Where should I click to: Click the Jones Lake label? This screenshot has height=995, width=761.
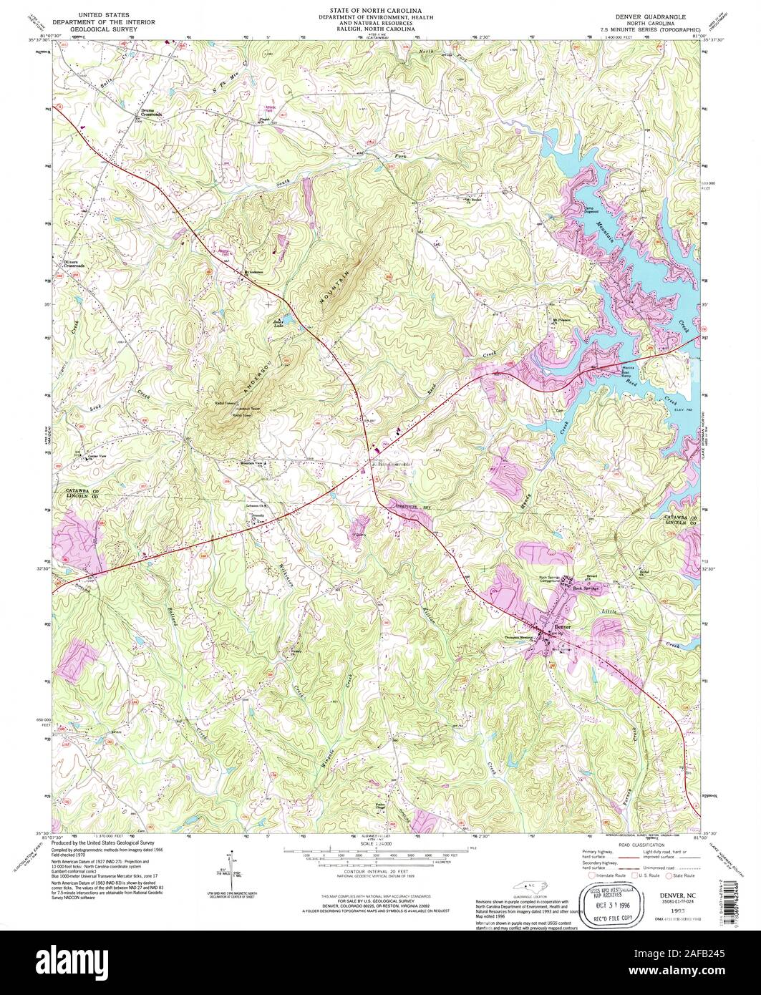point(280,322)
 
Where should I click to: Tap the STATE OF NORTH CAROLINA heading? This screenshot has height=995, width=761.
point(380,11)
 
